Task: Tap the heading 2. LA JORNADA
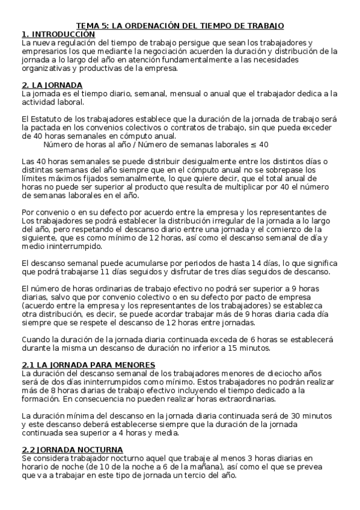pyautogui.click(x=52, y=85)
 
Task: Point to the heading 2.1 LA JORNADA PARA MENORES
pyautogui.click(x=88, y=364)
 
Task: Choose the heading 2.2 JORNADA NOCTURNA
pyautogui.click(x=72, y=449)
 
